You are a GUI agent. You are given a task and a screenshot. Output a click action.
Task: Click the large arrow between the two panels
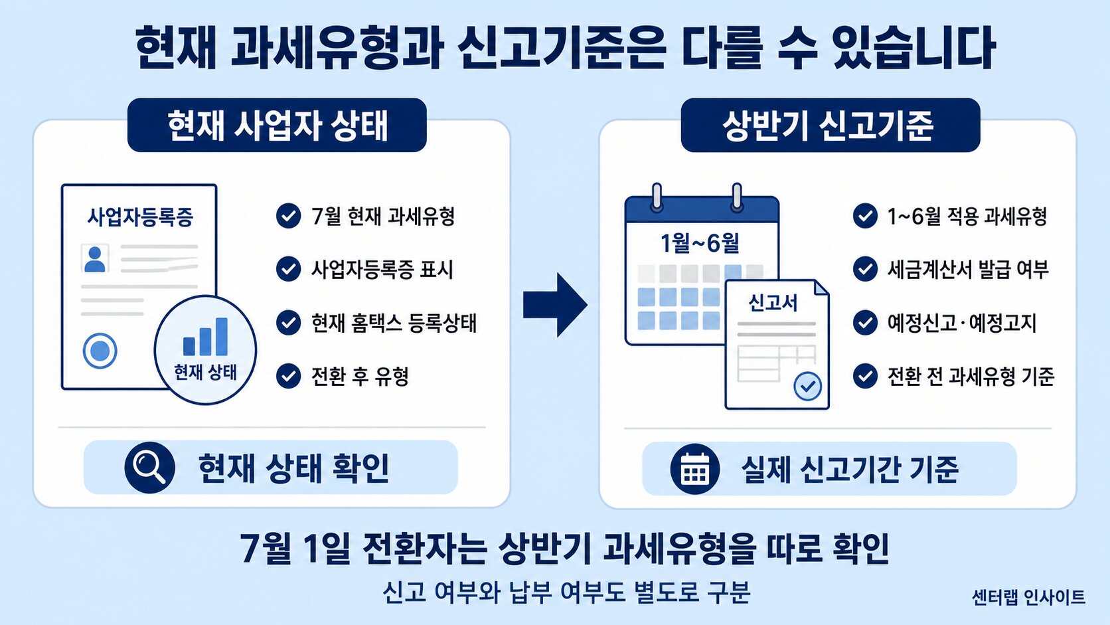[555, 305]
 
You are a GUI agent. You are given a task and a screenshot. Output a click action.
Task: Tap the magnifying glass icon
[149, 468]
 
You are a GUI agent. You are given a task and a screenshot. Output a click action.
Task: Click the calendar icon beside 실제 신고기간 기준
[694, 468]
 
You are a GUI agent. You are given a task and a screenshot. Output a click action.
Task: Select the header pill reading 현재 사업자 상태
[277, 125]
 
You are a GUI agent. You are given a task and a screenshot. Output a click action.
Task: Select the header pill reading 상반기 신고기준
[831, 125]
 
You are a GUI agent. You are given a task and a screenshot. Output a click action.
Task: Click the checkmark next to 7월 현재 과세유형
[288, 216]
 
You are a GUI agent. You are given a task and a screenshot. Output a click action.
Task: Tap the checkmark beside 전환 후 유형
[288, 376]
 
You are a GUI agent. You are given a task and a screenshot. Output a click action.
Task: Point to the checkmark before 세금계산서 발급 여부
[865, 269]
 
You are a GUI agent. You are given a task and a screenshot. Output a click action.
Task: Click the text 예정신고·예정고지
[961, 323]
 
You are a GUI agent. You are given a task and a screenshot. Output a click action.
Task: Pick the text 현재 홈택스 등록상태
[394, 323]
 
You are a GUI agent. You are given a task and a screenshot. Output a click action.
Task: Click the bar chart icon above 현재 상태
[206, 337]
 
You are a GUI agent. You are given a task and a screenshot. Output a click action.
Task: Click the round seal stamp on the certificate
[100, 351]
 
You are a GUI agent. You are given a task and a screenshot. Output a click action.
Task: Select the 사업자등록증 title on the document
[139, 217]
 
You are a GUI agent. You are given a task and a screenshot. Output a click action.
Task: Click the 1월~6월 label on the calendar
[700, 243]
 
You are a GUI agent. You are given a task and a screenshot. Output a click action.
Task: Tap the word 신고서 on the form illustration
[773, 302]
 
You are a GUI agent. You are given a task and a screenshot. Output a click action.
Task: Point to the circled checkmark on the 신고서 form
[808, 386]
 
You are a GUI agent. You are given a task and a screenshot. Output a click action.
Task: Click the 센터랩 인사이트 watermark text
[1028, 596]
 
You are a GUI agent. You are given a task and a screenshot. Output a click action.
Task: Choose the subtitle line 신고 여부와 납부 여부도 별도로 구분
[567, 591]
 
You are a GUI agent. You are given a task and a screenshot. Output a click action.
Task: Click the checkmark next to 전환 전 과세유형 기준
[865, 376]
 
